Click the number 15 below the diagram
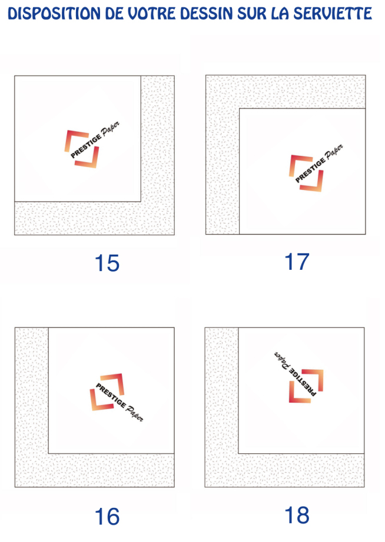click(107, 263)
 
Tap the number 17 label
click(297, 262)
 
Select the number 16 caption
click(107, 517)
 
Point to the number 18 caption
click(297, 515)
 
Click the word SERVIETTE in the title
click(333, 14)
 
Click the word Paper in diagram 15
click(111, 129)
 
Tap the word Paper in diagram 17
click(334, 152)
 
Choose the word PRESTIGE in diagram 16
click(111, 395)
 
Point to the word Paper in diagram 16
click(135, 413)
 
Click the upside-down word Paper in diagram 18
click(283, 360)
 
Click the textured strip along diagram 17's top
click(286, 92)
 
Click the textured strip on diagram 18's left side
click(221, 407)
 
